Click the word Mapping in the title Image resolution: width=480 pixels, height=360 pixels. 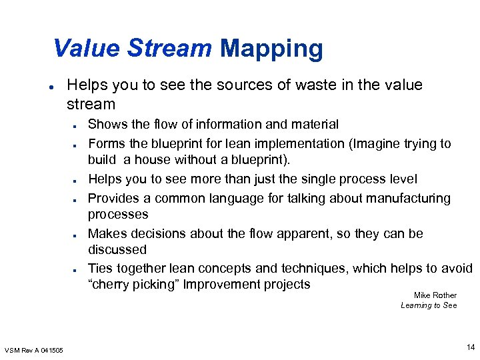click(x=271, y=49)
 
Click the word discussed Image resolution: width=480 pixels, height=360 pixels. click(x=117, y=250)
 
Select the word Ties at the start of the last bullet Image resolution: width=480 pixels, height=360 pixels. click(x=101, y=269)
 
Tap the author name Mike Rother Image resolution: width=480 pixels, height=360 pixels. click(x=435, y=295)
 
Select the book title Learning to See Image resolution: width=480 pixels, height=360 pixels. click(x=429, y=305)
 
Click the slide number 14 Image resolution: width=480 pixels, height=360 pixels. click(x=471, y=347)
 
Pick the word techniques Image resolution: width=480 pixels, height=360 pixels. click(x=311, y=269)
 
